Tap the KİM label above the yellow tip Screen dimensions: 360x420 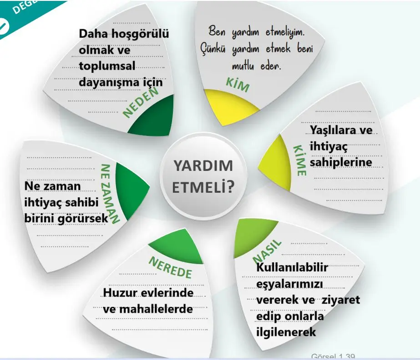238,85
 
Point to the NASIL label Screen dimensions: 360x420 268,250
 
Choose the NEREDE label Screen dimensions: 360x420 170,267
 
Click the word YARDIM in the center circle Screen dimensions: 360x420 203,166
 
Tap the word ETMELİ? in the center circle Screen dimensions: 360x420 203,186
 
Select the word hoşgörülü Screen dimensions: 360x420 143,34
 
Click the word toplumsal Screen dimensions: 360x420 107,66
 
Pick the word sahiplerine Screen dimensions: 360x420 341,162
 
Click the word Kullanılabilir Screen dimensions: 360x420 292,267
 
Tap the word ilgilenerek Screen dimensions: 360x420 286,332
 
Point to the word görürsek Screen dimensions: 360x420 85,219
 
